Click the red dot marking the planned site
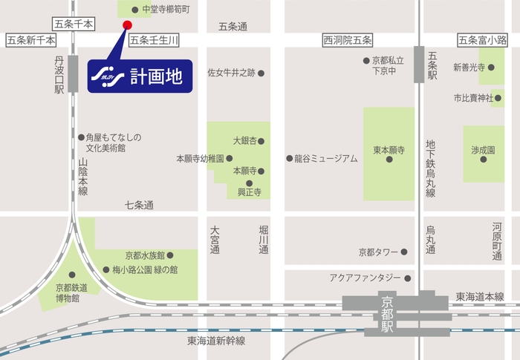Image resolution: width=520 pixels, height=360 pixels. click(126, 25)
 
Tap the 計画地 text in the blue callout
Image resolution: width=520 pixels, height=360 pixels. click(155, 76)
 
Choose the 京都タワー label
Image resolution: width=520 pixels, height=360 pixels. click(378, 252)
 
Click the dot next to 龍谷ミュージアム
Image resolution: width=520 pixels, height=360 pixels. click(290, 158)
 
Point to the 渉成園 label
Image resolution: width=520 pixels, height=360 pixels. click(482, 149)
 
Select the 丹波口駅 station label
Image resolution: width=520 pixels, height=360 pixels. click(59, 74)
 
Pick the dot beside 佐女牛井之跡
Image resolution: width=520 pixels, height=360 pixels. click(261, 73)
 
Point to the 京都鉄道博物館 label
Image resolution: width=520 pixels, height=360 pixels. click(67, 292)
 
